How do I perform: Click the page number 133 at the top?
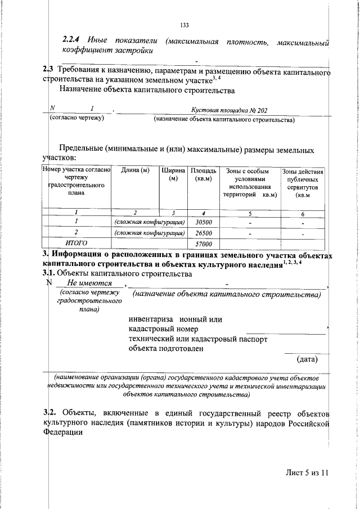pos(183,25)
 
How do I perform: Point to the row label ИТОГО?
pos(76,243)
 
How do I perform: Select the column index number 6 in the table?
pos(303,214)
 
